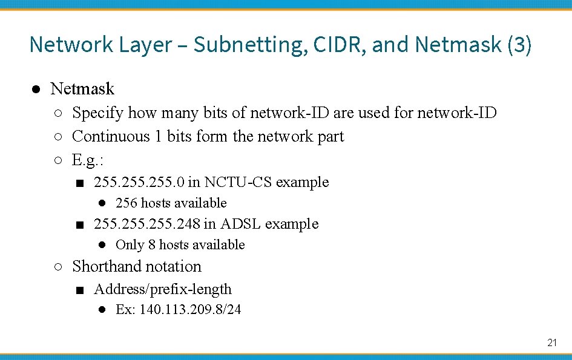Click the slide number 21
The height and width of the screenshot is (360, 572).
(x=551, y=342)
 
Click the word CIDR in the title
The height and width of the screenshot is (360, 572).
(x=338, y=44)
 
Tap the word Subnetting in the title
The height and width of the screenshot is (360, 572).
(x=250, y=44)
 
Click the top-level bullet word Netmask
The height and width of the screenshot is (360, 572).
(x=82, y=89)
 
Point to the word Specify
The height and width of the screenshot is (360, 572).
(x=97, y=113)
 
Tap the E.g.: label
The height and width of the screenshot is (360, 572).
(x=88, y=160)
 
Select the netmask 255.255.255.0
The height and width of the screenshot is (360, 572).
(x=139, y=182)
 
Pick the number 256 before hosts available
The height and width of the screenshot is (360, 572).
(x=126, y=203)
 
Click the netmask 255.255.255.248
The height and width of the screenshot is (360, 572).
(x=146, y=224)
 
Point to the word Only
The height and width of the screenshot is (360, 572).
(x=130, y=245)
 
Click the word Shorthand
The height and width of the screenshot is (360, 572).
(x=108, y=266)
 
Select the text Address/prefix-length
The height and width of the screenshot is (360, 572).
(x=163, y=289)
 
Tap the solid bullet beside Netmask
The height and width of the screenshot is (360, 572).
(x=36, y=90)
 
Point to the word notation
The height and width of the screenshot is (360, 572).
(x=175, y=266)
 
